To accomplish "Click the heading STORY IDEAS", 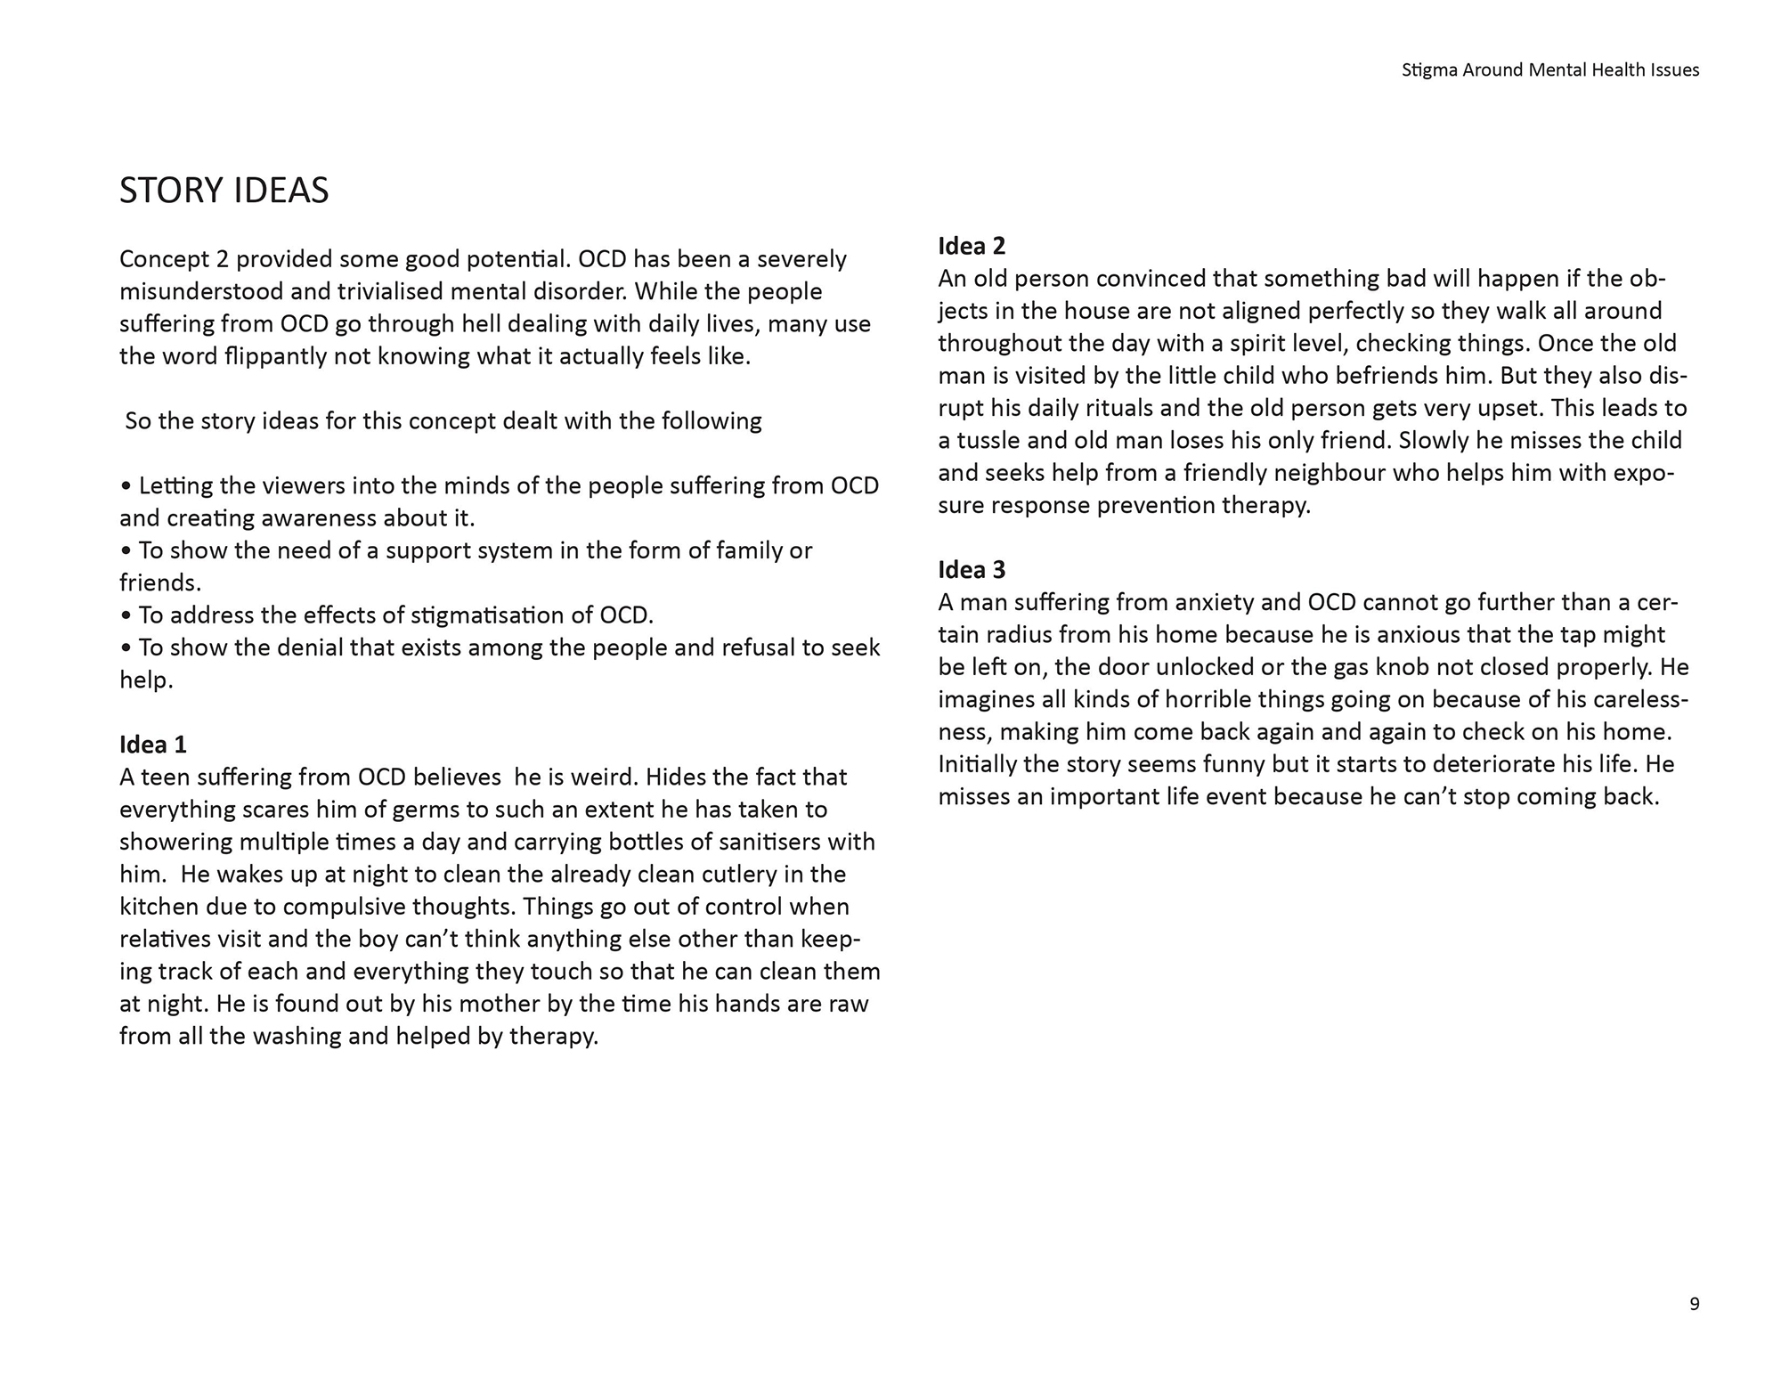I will (x=224, y=191).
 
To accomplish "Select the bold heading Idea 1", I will (x=153, y=745).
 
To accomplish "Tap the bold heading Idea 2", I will (x=972, y=246).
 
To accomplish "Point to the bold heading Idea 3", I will (x=972, y=570).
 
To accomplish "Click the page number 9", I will (x=1694, y=1304).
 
